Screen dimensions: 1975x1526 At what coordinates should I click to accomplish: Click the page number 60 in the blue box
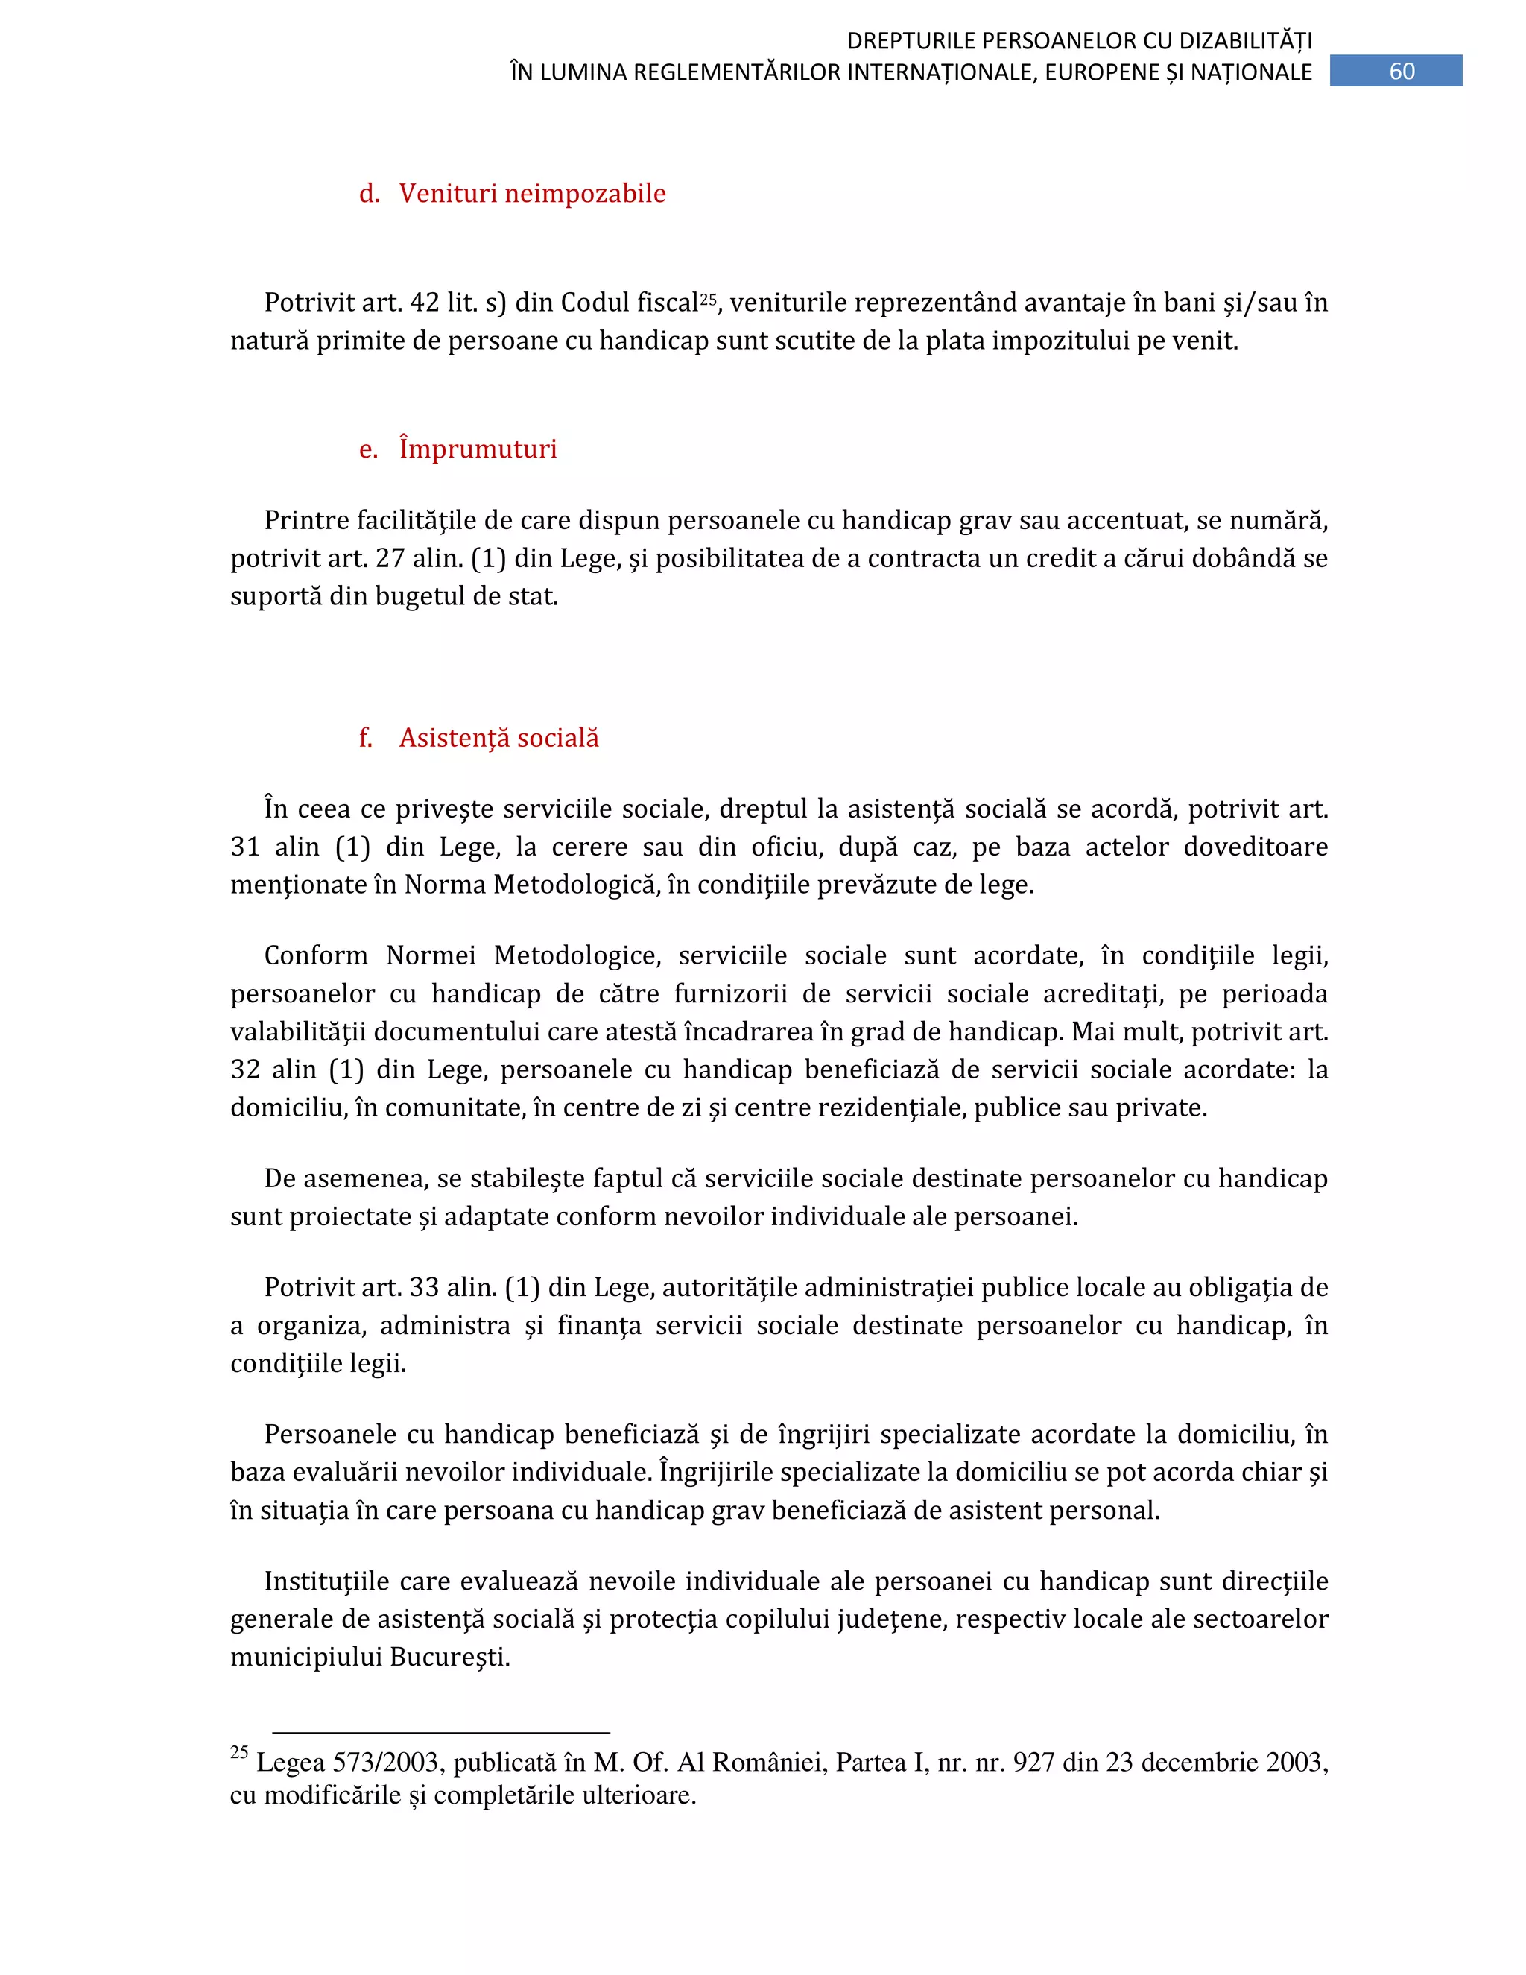(x=1402, y=72)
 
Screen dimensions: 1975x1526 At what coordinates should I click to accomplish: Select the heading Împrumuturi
(x=478, y=449)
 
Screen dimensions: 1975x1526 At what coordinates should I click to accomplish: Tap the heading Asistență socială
(x=498, y=738)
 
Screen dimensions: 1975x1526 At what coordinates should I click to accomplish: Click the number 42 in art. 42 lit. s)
(x=424, y=303)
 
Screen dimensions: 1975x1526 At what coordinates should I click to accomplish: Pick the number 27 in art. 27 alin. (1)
(x=390, y=559)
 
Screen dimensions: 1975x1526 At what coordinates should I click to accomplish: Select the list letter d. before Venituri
(x=369, y=194)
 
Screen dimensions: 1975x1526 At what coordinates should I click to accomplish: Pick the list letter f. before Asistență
(x=365, y=738)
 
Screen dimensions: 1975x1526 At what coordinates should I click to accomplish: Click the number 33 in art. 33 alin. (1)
(x=424, y=1288)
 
